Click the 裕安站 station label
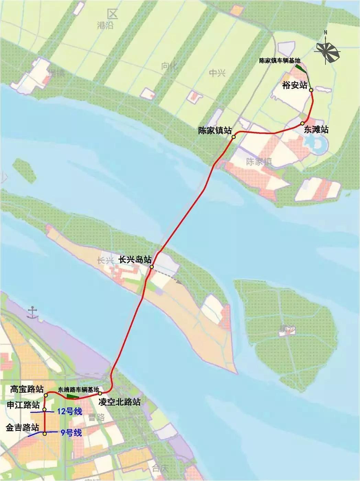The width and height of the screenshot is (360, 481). pyautogui.click(x=294, y=85)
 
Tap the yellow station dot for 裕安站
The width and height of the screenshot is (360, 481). pyautogui.click(x=311, y=90)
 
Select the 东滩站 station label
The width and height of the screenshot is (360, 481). pyautogui.click(x=316, y=130)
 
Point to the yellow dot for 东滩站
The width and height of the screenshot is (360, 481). pyautogui.click(x=302, y=123)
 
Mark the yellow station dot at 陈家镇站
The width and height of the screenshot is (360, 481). pyautogui.click(x=233, y=137)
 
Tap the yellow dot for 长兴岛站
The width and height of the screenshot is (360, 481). pyautogui.click(x=151, y=266)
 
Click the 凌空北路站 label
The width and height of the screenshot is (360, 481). pyautogui.click(x=120, y=402)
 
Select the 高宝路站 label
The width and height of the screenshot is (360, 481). pyautogui.click(x=27, y=389)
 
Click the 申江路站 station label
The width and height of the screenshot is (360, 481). pyautogui.click(x=23, y=405)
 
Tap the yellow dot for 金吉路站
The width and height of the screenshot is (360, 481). pyautogui.click(x=44, y=434)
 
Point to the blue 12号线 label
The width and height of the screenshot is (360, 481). pyautogui.click(x=70, y=411)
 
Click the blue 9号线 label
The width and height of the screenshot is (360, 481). pyautogui.click(x=71, y=433)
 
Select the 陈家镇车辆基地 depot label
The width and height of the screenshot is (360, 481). pyautogui.click(x=280, y=61)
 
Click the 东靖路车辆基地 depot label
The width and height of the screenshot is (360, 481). pyautogui.click(x=78, y=390)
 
